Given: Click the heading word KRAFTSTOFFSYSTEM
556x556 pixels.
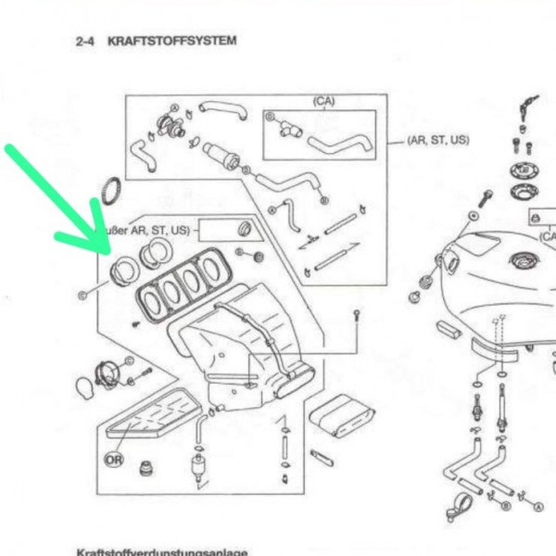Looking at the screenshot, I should (x=172, y=42).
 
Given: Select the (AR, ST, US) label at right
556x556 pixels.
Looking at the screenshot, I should (x=437, y=140).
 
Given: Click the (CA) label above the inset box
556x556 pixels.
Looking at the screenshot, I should (x=323, y=101).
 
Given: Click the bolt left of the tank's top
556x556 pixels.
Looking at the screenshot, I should (x=485, y=198).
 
